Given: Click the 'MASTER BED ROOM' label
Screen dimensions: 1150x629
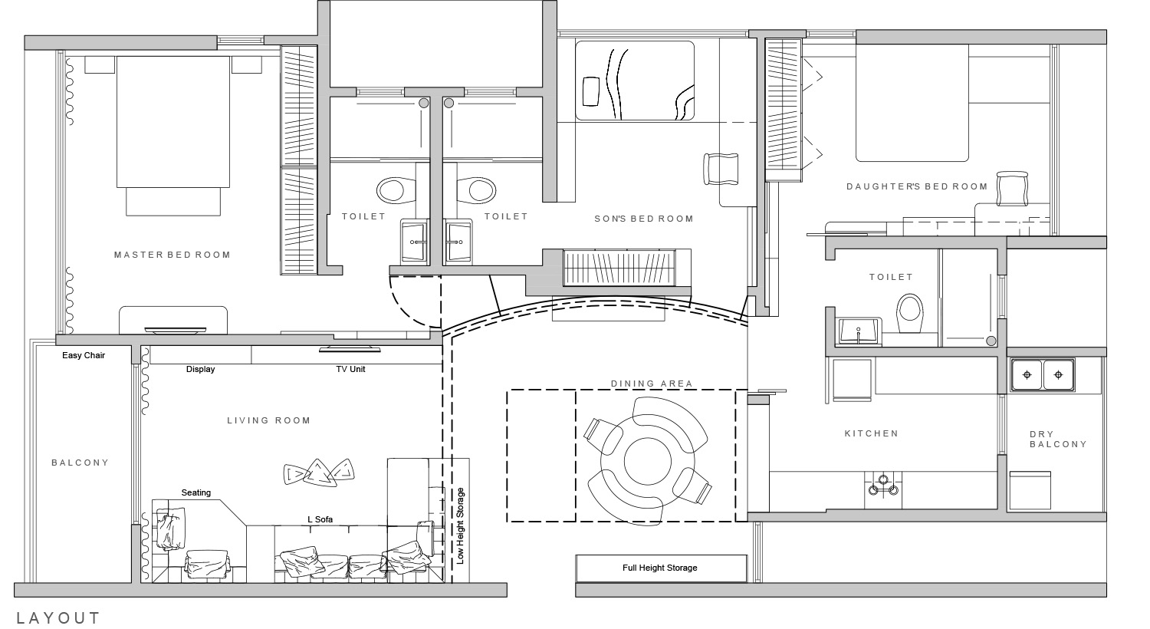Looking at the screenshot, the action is [x=172, y=255].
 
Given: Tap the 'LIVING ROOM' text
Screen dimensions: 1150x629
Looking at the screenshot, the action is [x=269, y=420].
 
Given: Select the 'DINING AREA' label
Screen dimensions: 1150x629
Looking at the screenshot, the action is [x=652, y=384].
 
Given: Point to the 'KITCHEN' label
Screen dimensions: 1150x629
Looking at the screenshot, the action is [x=872, y=433].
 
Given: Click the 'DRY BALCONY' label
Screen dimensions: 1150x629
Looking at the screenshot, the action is [x=1058, y=439].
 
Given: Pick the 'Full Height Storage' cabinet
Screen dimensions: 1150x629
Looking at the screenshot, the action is [x=661, y=568].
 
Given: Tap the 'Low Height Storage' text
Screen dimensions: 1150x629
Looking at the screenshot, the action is [x=460, y=525].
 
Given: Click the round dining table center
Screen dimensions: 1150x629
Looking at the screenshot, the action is [x=647, y=461].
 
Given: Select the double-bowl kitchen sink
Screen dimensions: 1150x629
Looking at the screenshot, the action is [x=1043, y=375].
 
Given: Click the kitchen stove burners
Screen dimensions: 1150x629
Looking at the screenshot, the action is [x=883, y=486].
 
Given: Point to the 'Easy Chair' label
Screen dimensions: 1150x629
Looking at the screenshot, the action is [x=84, y=355].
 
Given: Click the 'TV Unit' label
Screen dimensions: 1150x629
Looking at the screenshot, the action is [x=350, y=369].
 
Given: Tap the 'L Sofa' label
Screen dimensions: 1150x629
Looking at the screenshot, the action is [x=320, y=519].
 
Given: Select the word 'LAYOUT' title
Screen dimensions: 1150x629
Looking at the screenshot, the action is [x=58, y=617].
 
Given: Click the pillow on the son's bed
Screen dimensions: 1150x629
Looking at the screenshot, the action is [x=591, y=91].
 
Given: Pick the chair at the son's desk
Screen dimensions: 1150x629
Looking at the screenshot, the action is [x=721, y=169].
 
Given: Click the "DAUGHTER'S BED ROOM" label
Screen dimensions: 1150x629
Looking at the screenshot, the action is [x=917, y=186].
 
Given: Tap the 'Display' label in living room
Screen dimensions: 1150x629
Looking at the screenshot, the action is [x=200, y=369].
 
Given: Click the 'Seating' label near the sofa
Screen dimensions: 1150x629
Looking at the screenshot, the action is [x=196, y=493].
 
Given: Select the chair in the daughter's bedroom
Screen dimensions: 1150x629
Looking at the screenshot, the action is [x=1013, y=189].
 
